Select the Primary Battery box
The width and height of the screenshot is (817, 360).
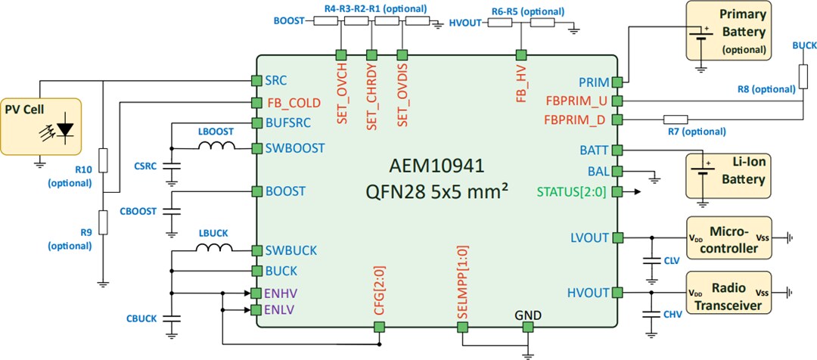tap(728, 31)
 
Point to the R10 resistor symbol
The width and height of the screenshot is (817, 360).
tap(103, 160)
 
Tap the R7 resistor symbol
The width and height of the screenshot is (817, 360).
tap(675, 119)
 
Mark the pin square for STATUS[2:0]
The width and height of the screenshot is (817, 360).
tap(617, 191)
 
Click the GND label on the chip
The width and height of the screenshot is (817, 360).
tap(527, 314)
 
